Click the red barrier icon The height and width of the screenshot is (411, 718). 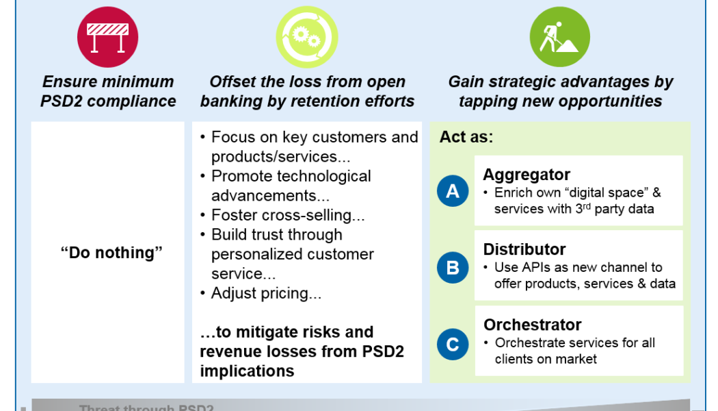107,37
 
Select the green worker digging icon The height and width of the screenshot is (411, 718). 559,37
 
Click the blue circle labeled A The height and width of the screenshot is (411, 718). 453,192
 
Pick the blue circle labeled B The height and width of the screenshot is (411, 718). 453,267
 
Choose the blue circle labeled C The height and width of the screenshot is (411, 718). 453,344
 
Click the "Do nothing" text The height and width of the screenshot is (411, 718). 111,253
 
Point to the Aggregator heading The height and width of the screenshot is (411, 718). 526,175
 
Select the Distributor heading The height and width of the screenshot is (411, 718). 524,249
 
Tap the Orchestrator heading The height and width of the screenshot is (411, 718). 532,325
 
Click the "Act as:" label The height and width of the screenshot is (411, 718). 466,137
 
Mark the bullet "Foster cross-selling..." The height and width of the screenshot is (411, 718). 288,215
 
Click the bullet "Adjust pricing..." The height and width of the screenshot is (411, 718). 266,293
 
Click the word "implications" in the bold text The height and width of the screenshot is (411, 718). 247,371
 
